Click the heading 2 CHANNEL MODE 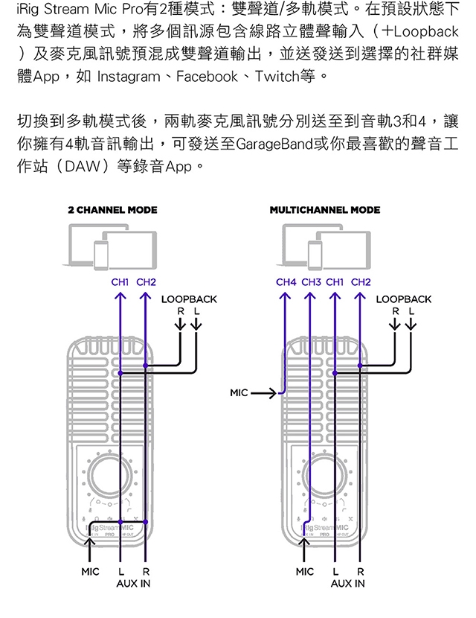pyautogui.click(x=112, y=210)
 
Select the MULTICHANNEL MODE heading pyautogui.click(x=324, y=210)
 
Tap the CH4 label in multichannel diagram pyautogui.click(x=286, y=283)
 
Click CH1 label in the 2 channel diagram pyautogui.click(x=120, y=283)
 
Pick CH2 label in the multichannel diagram pyautogui.click(x=361, y=283)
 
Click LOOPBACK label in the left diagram pyautogui.click(x=189, y=299)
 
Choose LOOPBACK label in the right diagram pyautogui.click(x=403, y=299)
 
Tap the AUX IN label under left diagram pyautogui.click(x=133, y=583)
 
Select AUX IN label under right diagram pyautogui.click(x=347, y=583)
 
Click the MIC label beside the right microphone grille pyautogui.click(x=239, y=391)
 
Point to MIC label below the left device pyautogui.click(x=90, y=572)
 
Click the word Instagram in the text pyautogui.click(x=128, y=77)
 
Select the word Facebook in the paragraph pyautogui.click(x=208, y=77)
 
